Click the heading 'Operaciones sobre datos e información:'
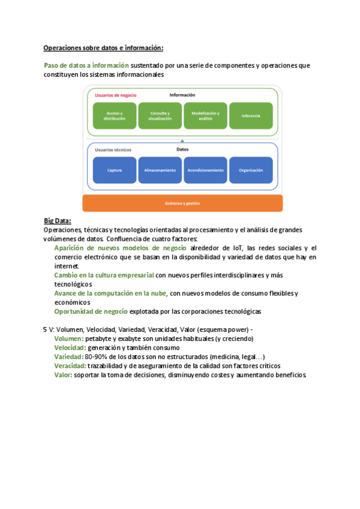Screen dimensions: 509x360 [x=103, y=48]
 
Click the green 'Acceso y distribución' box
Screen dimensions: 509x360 [x=115, y=116]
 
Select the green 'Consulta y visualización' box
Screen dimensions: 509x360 [x=160, y=116]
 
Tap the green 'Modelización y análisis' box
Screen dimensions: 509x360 [x=205, y=116]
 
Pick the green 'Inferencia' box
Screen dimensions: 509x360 [x=251, y=116]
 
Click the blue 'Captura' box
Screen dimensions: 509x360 [x=115, y=170]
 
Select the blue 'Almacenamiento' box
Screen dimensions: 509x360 [x=160, y=170]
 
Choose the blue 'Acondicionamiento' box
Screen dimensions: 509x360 [x=205, y=170]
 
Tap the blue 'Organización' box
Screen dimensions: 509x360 [x=251, y=170]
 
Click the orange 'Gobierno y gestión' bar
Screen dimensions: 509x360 [x=182, y=203]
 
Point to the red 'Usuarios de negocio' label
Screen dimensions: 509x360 [x=116, y=95]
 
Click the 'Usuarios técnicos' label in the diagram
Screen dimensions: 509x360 [x=113, y=149]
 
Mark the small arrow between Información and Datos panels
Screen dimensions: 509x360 [x=182, y=140]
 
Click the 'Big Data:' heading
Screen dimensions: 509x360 [x=58, y=221]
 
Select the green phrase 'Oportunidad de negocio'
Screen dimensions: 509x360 [x=91, y=312]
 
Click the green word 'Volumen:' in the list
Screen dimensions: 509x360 [x=69, y=339]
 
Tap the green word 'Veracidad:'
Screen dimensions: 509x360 [x=70, y=366]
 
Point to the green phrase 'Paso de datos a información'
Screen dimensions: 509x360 [x=86, y=65]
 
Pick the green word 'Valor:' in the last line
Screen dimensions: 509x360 [x=63, y=375]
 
